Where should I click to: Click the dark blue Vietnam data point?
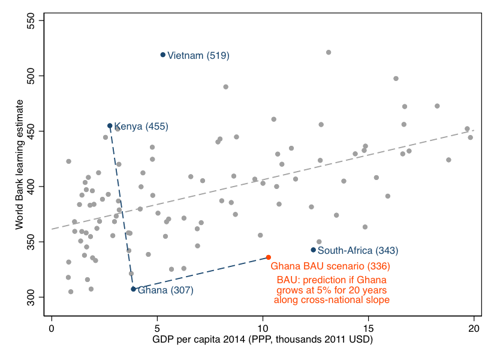click(162, 55)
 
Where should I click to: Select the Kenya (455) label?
click(141, 127)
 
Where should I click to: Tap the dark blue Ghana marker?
click(133, 289)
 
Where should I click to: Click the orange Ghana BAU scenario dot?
click(269, 257)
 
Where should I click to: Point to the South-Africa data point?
click(313, 250)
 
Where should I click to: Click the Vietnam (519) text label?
click(198, 56)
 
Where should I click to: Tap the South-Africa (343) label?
click(357, 250)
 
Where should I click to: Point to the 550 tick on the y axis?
click(40, 20)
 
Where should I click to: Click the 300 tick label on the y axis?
click(40, 297)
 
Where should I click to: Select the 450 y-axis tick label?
click(40, 131)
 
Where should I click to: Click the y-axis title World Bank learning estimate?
click(20, 163)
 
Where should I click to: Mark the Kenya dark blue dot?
click(110, 125)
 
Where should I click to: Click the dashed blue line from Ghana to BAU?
click(201, 273)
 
